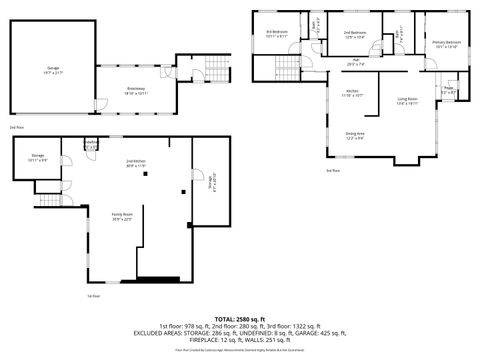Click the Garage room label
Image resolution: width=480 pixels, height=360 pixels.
point(52,69)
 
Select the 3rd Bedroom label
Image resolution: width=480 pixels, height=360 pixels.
point(277,33)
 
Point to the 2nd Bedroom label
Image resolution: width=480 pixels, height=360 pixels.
point(354,33)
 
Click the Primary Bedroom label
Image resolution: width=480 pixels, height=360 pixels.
point(446,42)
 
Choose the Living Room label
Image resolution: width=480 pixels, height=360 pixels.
point(408,99)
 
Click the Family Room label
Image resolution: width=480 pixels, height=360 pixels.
point(122,218)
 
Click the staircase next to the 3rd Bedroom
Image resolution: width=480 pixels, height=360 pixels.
point(262,68)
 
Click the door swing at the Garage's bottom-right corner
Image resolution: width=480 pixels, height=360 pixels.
point(98,103)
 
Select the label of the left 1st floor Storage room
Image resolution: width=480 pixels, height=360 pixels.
point(37,157)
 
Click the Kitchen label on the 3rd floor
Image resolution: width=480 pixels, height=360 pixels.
point(353,93)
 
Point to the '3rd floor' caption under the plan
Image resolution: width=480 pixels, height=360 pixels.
point(332,171)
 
